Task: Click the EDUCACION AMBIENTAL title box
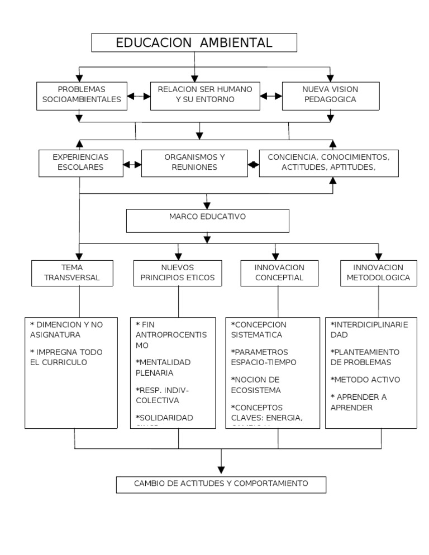pyautogui.click(x=194, y=43)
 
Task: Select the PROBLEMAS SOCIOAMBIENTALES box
pyautogui.click(x=82, y=94)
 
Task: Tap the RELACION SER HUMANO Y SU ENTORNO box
pyautogui.click(x=205, y=94)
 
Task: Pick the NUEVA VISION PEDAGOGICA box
pyautogui.click(x=330, y=94)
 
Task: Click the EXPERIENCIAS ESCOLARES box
pyautogui.click(x=80, y=162)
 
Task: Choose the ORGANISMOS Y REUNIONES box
pyautogui.click(x=194, y=162)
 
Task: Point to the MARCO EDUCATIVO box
pyautogui.click(x=207, y=221)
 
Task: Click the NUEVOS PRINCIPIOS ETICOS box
pyautogui.click(x=175, y=272)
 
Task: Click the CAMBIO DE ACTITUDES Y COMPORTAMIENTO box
pyautogui.click(x=221, y=484)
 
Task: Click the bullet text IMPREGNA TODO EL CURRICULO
pyautogui.click(x=66, y=357)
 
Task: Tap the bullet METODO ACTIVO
pyautogui.click(x=365, y=380)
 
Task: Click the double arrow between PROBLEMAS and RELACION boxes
pyautogui.click(x=139, y=96)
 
